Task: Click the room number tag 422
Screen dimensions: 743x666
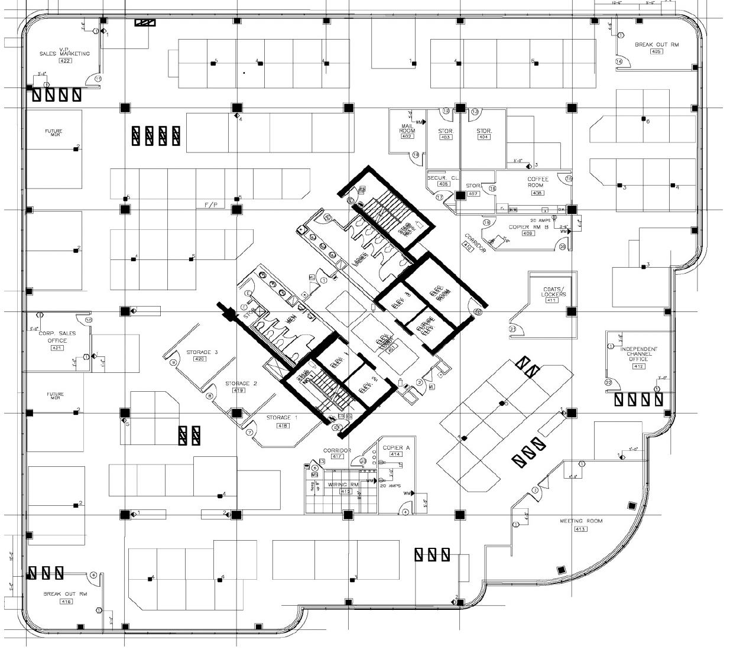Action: pyautogui.click(x=65, y=61)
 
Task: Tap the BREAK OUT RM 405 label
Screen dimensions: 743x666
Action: pyautogui.click(x=656, y=45)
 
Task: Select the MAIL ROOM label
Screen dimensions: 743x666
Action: pyautogui.click(x=407, y=128)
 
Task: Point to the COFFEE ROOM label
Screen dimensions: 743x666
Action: pyautogui.click(x=538, y=182)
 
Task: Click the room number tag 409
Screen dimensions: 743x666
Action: pyautogui.click(x=528, y=233)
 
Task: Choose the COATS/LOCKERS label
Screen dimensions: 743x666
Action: pyautogui.click(x=553, y=292)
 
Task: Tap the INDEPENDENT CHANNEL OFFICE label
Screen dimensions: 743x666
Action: pyautogui.click(x=638, y=354)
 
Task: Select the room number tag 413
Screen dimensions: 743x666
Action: pyautogui.click(x=580, y=529)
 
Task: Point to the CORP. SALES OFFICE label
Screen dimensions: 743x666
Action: pyautogui.click(x=57, y=337)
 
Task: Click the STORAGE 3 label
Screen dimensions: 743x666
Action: pyautogui.click(x=202, y=352)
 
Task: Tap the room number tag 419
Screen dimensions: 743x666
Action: pyautogui.click(x=239, y=391)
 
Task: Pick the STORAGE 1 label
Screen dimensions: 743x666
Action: pyautogui.click(x=282, y=418)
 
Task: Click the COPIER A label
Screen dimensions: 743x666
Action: pyautogui.click(x=396, y=448)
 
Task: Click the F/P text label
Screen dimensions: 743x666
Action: pyautogui.click(x=211, y=205)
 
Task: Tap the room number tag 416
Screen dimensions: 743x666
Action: pyautogui.click(x=66, y=601)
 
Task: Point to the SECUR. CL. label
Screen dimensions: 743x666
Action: pyautogui.click(x=443, y=177)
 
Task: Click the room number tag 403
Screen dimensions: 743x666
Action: pyautogui.click(x=446, y=138)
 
